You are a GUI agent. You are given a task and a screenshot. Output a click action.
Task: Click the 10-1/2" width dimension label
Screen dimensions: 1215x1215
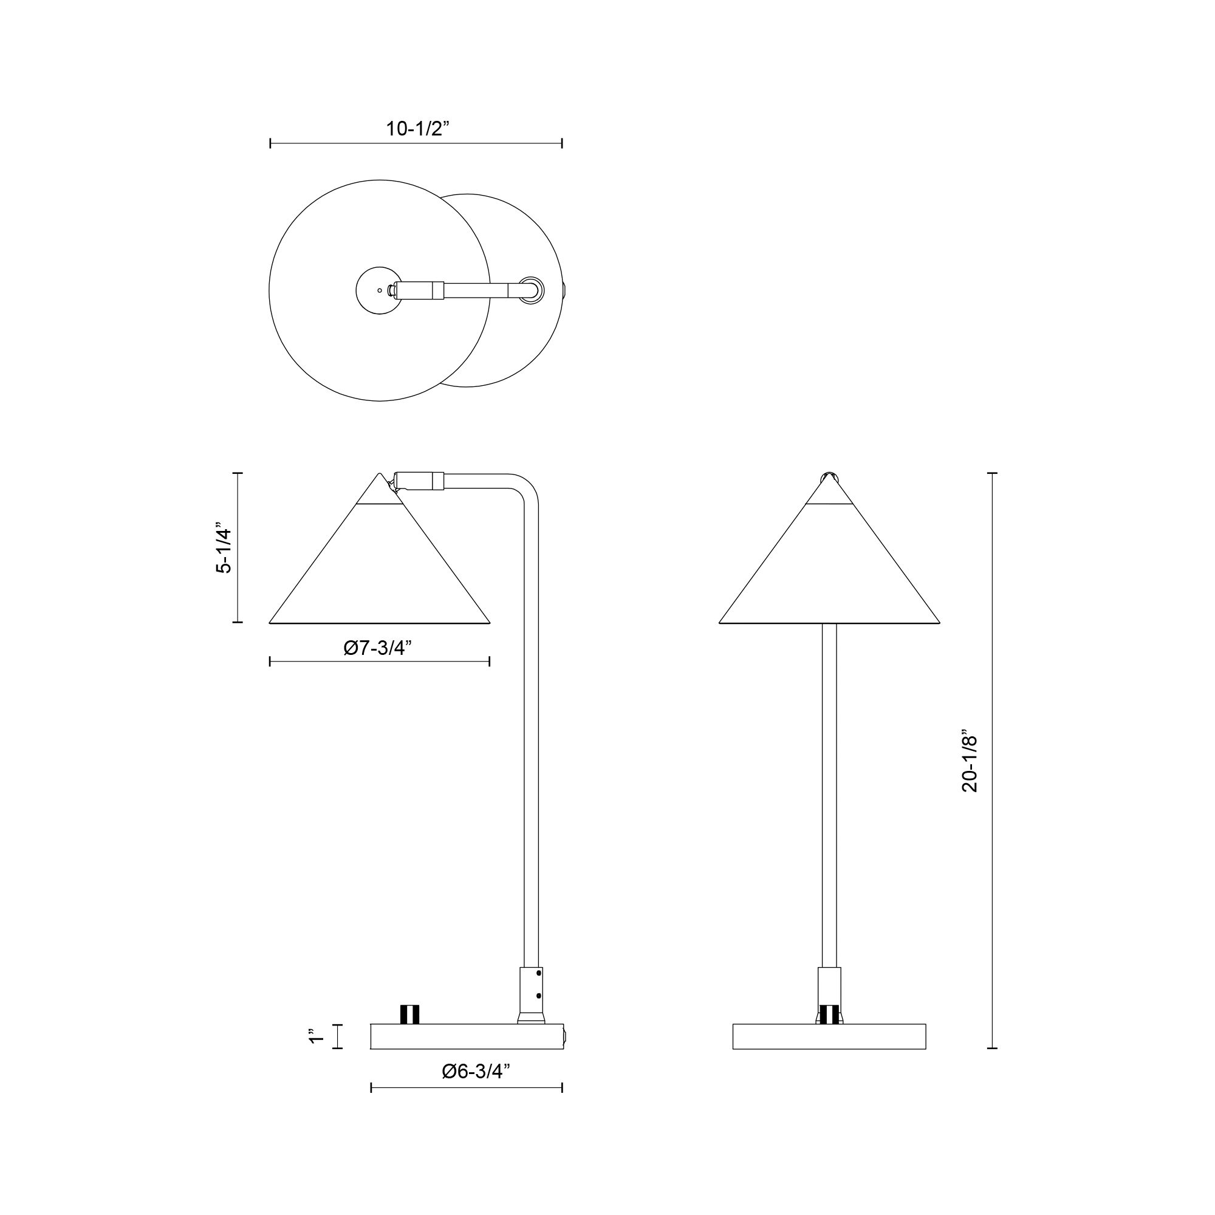[x=418, y=129]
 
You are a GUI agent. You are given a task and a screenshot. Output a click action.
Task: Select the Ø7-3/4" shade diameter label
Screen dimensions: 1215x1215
[x=377, y=648]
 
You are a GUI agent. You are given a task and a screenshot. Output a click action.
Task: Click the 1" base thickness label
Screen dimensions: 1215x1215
[x=317, y=1036]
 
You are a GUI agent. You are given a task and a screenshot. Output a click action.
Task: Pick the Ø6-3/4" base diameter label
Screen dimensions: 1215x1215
[x=476, y=1072]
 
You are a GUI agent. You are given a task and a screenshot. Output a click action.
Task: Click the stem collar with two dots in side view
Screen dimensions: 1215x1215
[x=531, y=987]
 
